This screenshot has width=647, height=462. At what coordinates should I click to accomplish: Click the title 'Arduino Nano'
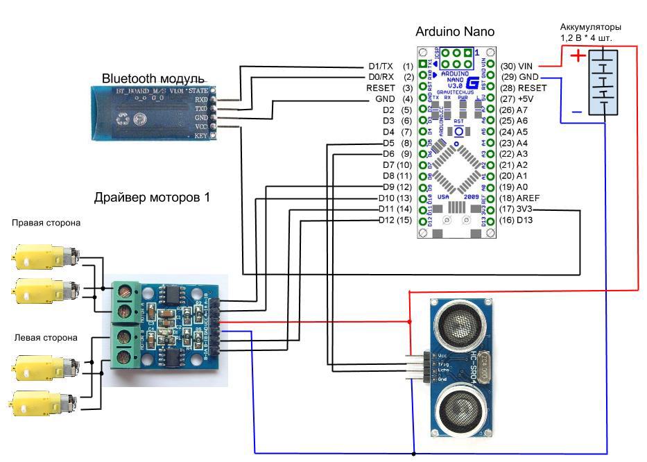[454, 32]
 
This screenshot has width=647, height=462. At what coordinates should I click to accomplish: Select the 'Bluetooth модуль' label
[153, 78]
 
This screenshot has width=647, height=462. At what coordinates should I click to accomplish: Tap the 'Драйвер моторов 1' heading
[152, 198]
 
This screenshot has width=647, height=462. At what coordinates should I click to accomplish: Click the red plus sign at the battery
[578, 56]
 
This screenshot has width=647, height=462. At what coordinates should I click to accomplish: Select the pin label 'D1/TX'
[381, 66]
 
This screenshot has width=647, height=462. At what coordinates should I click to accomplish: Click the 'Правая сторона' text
[46, 223]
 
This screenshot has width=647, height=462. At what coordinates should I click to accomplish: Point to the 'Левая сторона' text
[46, 338]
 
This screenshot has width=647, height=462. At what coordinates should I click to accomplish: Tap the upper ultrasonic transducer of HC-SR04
[460, 321]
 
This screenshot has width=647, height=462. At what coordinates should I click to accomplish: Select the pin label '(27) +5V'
[517, 99]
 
